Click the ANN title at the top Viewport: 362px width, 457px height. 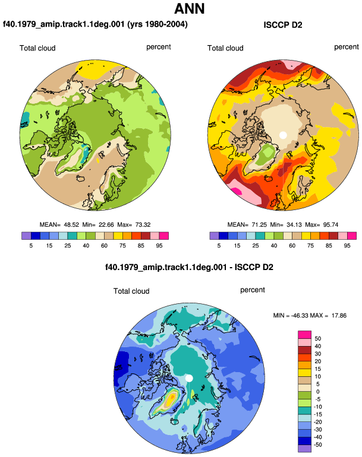pos(189,8)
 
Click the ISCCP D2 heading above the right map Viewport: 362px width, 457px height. pos(282,25)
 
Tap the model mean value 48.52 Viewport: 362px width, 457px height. pos(71,225)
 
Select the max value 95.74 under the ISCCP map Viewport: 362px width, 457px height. pos(330,225)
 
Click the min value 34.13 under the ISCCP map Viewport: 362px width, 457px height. pos(294,225)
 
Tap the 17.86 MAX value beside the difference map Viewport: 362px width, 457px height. pos(339,315)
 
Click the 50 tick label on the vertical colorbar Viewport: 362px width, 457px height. pos(317,339)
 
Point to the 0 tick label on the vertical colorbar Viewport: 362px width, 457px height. pos(318,392)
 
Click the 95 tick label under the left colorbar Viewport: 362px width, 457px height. pos(159,246)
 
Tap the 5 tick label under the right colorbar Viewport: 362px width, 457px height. pos(219,246)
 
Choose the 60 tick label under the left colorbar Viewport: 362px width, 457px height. pos(104,246)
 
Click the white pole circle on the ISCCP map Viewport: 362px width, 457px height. pos(283,135)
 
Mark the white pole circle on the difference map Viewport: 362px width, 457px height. pos(189,378)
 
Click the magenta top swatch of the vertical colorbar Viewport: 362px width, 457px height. pos(304,335)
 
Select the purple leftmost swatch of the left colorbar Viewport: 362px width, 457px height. pos(26,236)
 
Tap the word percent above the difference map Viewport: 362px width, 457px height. pos(253,290)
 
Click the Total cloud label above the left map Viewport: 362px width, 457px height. pos(37,48)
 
